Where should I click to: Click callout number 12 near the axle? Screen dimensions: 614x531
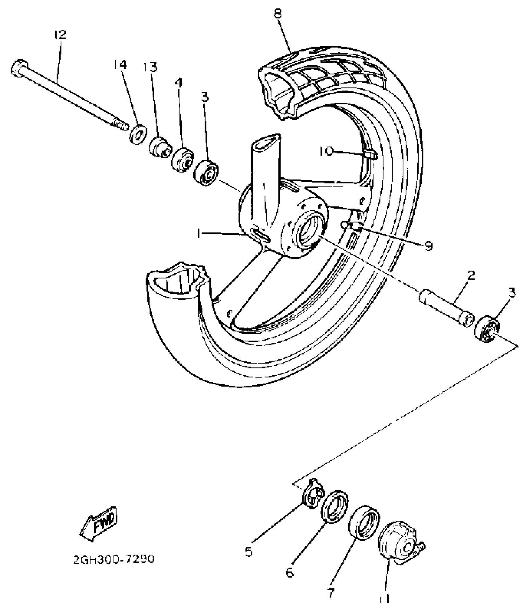click(x=60, y=34)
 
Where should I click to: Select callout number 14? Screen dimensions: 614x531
click(x=120, y=65)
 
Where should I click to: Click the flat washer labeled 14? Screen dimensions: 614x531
click(x=137, y=134)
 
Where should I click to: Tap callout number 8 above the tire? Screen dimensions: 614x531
click(x=278, y=14)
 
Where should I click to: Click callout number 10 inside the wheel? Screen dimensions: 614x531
click(x=326, y=152)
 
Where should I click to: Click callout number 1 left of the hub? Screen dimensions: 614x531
click(x=199, y=233)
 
